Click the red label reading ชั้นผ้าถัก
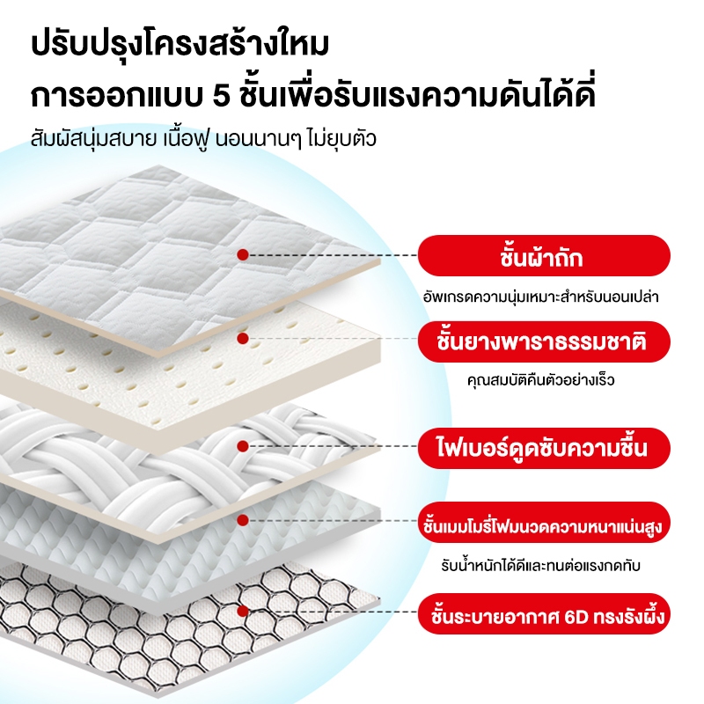544,255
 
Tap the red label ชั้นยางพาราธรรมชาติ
544,341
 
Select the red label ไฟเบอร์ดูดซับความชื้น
544,448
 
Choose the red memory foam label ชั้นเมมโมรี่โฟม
544,523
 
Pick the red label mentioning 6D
544,613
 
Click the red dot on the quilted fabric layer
243,255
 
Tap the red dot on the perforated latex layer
243,339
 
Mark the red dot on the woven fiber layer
243,446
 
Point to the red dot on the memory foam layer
243,520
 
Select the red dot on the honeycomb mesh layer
243,611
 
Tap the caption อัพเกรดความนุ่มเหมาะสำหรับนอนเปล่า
541,297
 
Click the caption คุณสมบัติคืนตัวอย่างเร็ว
540,381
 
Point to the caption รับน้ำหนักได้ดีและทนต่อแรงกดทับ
540,565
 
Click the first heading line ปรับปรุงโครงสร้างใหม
180,45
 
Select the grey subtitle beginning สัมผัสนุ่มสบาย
203,139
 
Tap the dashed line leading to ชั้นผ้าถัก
334,255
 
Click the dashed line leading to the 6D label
334,612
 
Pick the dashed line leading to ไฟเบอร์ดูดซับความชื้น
334,446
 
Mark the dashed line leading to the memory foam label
334,520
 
